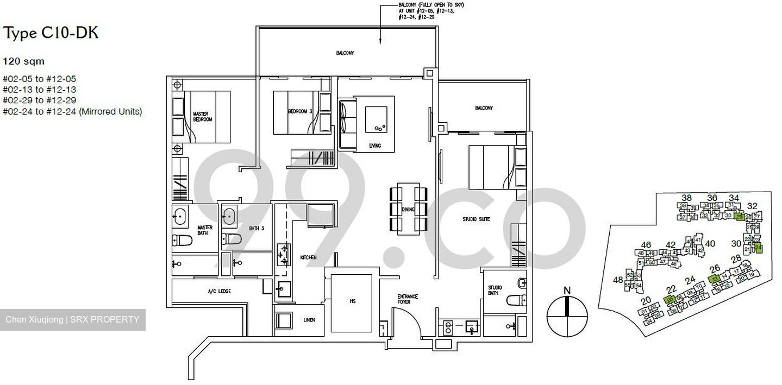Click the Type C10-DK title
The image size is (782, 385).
(51, 34)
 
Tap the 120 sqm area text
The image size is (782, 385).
(24, 61)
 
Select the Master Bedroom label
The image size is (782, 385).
(202, 116)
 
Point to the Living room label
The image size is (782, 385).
(374, 146)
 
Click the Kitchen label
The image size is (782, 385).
(308, 257)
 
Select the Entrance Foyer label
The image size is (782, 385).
(407, 300)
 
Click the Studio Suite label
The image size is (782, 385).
(476, 219)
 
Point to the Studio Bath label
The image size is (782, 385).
(495, 291)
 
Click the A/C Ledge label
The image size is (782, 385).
(219, 292)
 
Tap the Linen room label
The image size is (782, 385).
(309, 320)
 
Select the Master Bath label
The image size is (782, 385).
(205, 230)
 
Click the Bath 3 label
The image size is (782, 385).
(257, 229)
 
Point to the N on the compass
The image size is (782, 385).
(567, 291)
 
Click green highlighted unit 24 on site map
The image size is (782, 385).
(759, 248)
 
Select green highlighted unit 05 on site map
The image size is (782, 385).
(670, 299)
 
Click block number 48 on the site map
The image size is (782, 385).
(617, 280)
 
